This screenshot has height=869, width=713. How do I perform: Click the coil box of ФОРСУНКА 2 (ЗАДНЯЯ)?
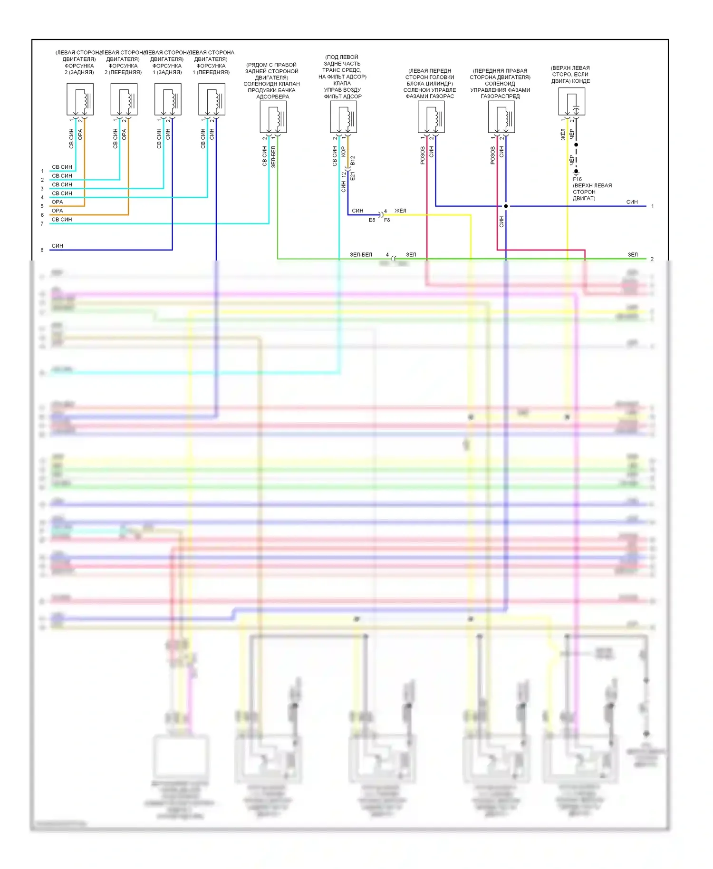click(80, 99)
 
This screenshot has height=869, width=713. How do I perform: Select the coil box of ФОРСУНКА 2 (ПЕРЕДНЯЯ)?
click(124, 99)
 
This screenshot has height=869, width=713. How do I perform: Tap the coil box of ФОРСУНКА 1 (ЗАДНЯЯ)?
click(168, 99)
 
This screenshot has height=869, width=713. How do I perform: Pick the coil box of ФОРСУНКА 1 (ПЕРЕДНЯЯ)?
click(212, 99)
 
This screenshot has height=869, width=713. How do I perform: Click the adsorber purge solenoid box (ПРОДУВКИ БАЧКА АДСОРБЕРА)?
click(273, 117)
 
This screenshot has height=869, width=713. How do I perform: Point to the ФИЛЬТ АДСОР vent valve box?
click(343, 117)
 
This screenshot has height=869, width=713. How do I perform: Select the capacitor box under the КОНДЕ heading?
click(571, 102)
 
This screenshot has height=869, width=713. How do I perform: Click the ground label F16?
click(577, 179)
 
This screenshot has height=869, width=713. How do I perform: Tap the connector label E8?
click(372, 220)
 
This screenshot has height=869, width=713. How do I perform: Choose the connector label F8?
click(387, 220)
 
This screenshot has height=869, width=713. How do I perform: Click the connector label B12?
click(352, 161)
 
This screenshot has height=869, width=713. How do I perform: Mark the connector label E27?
click(352, 176)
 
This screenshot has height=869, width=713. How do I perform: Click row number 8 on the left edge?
click(42, 250)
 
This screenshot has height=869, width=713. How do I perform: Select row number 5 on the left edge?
click(42, 206)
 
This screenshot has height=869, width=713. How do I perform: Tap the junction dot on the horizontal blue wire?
click(506, 206)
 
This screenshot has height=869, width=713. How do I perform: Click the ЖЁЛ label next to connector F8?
click(400, 211)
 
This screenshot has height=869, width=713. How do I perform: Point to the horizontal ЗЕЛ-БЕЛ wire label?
click(361, 255)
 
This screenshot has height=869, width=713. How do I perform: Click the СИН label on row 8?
click(57, 246)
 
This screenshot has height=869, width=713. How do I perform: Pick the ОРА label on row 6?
click(57, 211)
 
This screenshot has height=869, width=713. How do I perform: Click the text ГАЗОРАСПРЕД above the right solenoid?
click(500, 96)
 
